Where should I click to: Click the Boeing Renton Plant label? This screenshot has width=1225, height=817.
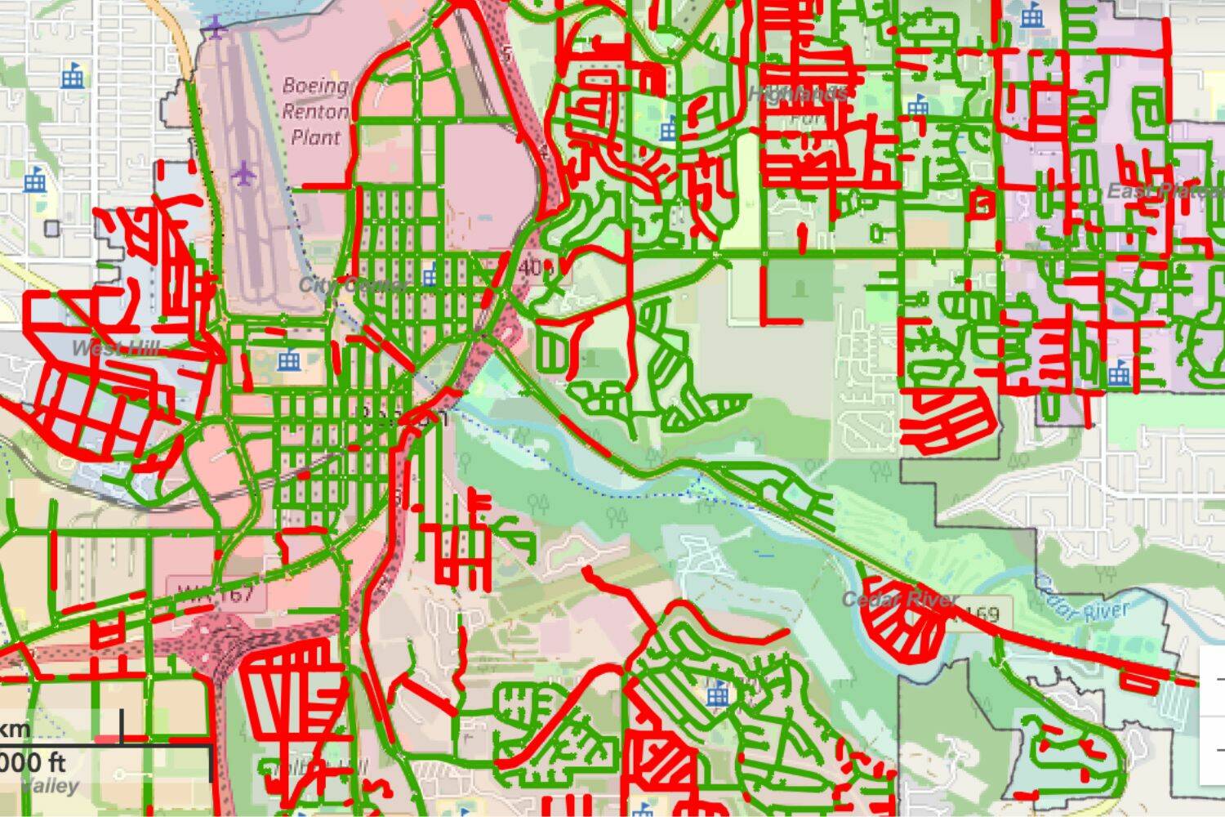tap(315, 111)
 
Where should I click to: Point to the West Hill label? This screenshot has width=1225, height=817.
tap(115, 349)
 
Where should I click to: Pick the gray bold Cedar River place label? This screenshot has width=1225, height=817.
tap(899, 600)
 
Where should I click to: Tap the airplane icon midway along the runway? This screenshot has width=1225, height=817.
tap(243, 172)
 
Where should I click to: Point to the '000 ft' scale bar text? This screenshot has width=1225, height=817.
tap(33, 762)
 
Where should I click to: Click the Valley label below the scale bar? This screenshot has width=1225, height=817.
tap(51, 787)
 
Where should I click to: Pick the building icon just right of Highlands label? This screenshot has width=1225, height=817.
tap(919, 104)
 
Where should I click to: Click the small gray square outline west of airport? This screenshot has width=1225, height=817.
tap(53, 228)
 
